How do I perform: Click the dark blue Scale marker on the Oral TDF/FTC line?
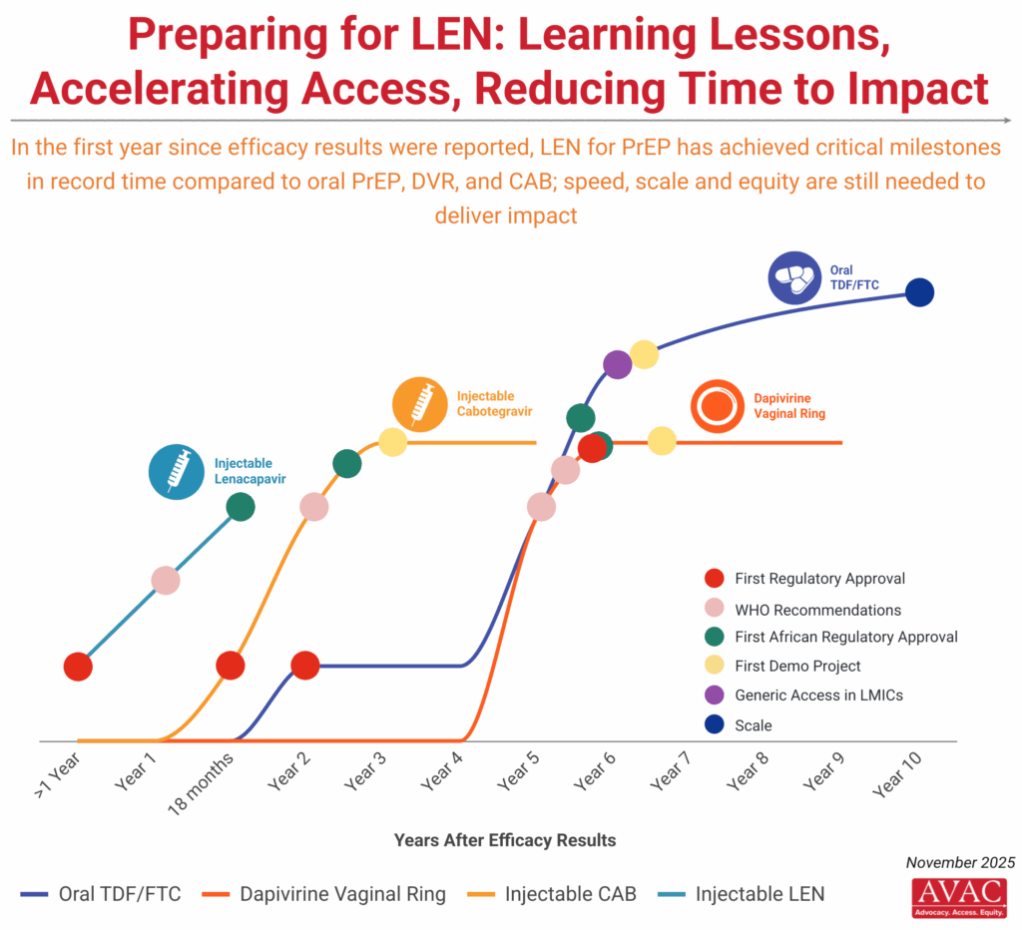[918, 292]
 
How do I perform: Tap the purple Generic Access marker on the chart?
[617, 364]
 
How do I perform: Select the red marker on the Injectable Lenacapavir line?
[78, 666]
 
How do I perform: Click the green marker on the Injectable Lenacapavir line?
[241, 507]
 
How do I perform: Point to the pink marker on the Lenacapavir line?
[166, 580]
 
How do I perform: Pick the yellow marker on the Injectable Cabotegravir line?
[392, 442]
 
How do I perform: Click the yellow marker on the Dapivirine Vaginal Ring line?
[662, 441]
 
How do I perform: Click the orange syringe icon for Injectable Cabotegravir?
[419, 405]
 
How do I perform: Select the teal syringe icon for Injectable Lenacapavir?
[176, 471]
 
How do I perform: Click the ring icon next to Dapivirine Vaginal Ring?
[718, 407]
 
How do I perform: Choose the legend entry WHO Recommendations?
[817, 610]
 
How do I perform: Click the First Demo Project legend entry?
[797, 667]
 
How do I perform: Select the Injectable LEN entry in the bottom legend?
[760, 893]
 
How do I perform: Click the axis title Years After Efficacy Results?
[505, 839]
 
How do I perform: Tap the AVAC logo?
[959, 898]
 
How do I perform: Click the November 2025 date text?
[960, 862]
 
